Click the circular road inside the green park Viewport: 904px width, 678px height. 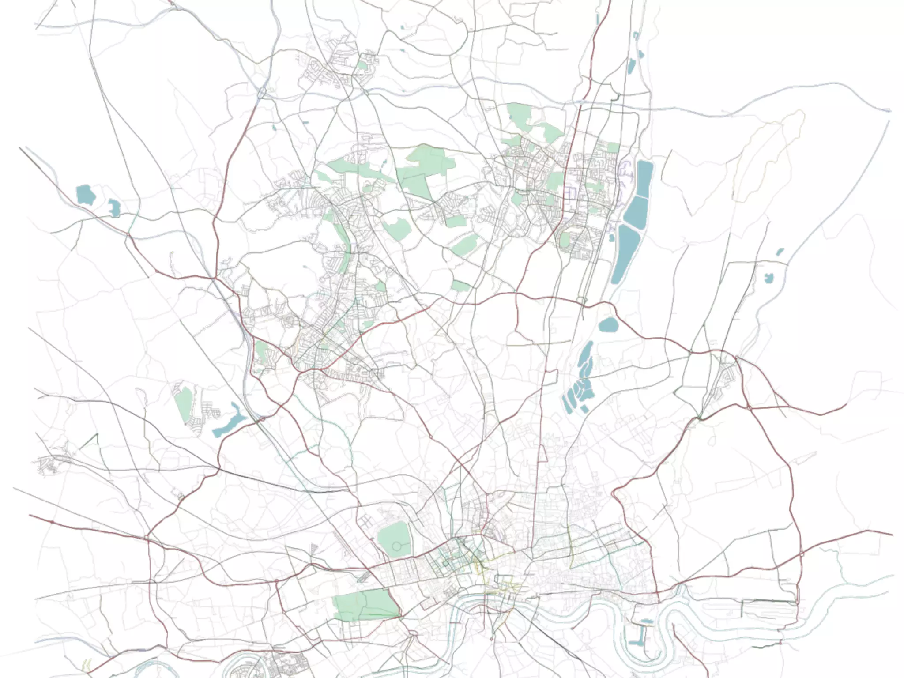point(396,546)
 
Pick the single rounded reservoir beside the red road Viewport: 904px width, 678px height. point(609,325)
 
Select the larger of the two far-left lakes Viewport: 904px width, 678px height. point(85,195)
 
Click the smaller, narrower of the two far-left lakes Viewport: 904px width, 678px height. point(114,207)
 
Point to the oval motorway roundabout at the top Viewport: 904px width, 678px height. point(262,93)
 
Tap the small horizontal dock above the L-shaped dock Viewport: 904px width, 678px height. point(646,621)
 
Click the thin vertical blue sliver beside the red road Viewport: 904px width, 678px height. point(598,19)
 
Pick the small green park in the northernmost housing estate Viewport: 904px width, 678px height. point(362,66)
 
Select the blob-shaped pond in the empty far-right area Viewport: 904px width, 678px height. point(768,278)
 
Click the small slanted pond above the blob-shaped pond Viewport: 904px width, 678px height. point(780,252)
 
